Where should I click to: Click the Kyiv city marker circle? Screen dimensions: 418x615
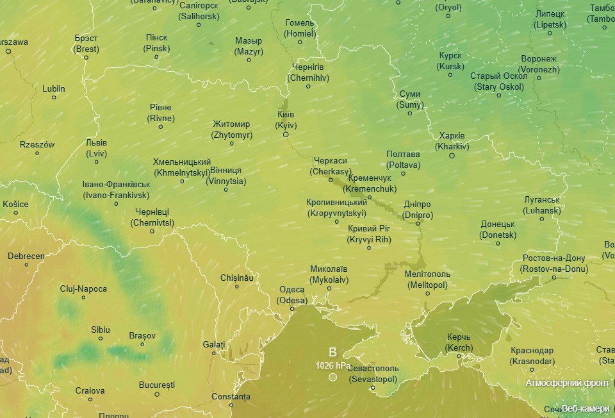coord(286,135)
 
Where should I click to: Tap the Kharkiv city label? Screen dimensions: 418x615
coord(452,142)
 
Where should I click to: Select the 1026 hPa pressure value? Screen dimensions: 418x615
coord(332,365)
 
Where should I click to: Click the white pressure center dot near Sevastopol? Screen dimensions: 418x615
coord(332,378)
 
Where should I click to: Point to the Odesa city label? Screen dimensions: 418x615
coord(292,295)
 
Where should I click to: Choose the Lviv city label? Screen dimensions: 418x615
coord(97,148)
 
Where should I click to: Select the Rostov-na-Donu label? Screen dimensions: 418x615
coord(554,264)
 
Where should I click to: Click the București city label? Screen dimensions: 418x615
coord(156,385)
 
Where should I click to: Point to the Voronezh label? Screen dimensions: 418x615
coord(539,64)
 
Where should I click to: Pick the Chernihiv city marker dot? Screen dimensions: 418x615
coord(308,87)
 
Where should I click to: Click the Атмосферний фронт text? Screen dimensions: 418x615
coord(566,383)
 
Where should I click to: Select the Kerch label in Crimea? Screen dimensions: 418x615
coord(459,343)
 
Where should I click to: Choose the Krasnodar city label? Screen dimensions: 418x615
coord(532,356)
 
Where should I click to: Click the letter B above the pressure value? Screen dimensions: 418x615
coord(332,352)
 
